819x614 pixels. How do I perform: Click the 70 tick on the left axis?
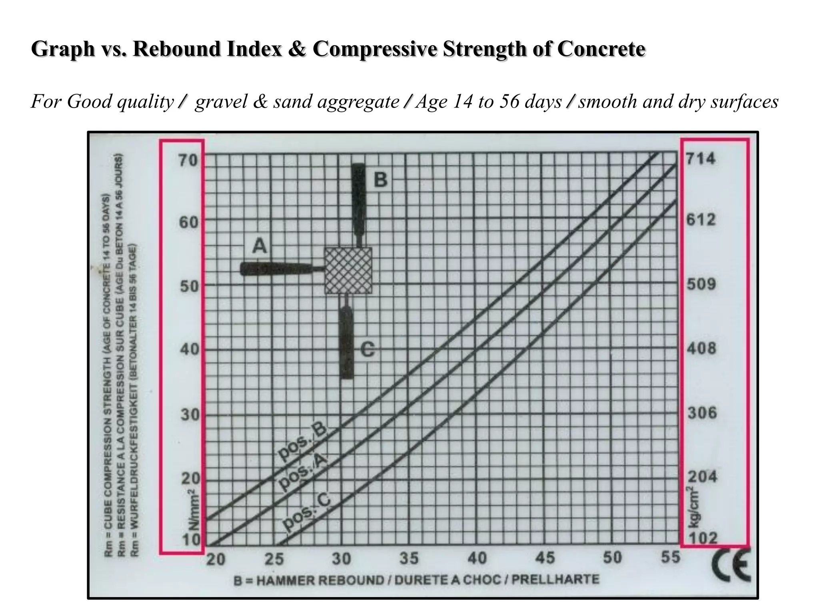coord(188,161)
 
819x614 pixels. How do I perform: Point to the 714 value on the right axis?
coord(700,159)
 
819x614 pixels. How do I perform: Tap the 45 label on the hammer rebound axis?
coord(545,558)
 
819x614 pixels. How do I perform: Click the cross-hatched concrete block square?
coord(348,271)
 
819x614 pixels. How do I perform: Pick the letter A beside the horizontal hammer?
coord(259,245)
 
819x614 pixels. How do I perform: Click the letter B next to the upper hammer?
coord(380,180)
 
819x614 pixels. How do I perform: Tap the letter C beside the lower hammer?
coord(368,350)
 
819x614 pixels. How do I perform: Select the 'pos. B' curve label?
coord(303,443)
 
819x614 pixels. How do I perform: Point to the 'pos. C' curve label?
coord(306,512)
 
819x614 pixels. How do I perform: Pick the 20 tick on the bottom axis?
coord(216,559)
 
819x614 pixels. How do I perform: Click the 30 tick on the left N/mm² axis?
coord(189,415)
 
